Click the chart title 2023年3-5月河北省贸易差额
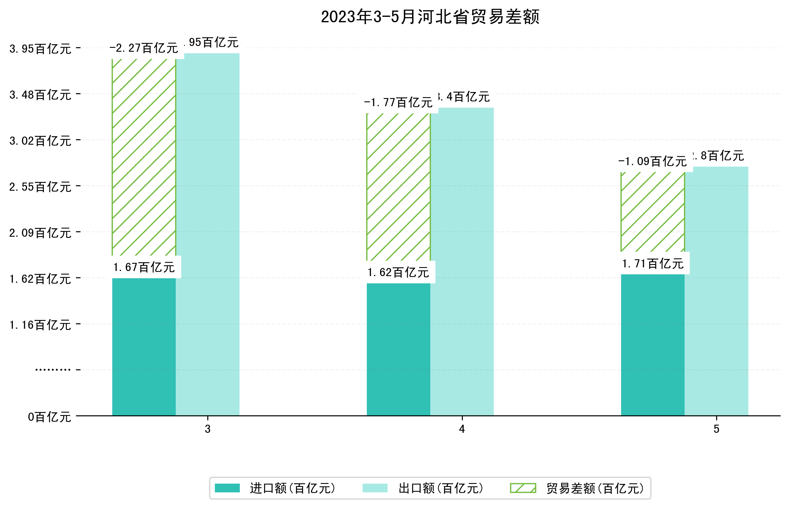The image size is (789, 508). pos(430,17)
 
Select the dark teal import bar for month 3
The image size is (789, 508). pos(144,346)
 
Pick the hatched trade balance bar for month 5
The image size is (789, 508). pos(652,212)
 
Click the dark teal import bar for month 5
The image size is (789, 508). pos(652,344)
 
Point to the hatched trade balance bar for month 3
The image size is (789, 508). pos(144,157)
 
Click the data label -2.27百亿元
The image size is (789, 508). pos(144,48)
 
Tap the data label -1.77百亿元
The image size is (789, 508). pos(398,103)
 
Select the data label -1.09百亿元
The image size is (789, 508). pos(652,162)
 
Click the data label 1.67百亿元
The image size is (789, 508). pos(144,267)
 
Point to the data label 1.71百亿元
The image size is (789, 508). pos(652,264)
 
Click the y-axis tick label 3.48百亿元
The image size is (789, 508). pos(40,95)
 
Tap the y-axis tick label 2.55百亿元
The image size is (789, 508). pos(40,187)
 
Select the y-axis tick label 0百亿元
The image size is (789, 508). pos(49,417)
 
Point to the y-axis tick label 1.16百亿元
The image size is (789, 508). pos(40,325)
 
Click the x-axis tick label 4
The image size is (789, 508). pos(462,429)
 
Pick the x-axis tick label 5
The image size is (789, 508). pos(716,429)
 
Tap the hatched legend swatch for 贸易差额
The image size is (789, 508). pos(523,488)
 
